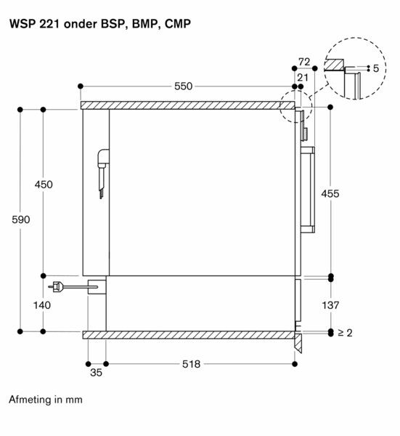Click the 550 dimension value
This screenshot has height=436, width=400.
pyautogui.click(x=183, y=86)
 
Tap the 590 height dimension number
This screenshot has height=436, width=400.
pyautogui.click(x=21, y=219)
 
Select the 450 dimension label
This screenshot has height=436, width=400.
pyautogui.click(x=44, y=185)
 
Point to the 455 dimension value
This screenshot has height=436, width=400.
pyautogui.click(x=330, y=193)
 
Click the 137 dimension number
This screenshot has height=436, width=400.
pyautogui.click(x=330, y=305)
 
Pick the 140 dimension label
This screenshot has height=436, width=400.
pyautogui.click(x=42, y=305)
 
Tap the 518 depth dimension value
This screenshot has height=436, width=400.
pyautogui.click(x=191, y=364)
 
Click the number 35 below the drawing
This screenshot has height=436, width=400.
pyautogui.click(x=96, y=373)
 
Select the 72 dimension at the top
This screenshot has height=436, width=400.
pyautogui.click(x=304, y=62)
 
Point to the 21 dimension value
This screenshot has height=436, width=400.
pyautogui.click(x=303, y=78)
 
